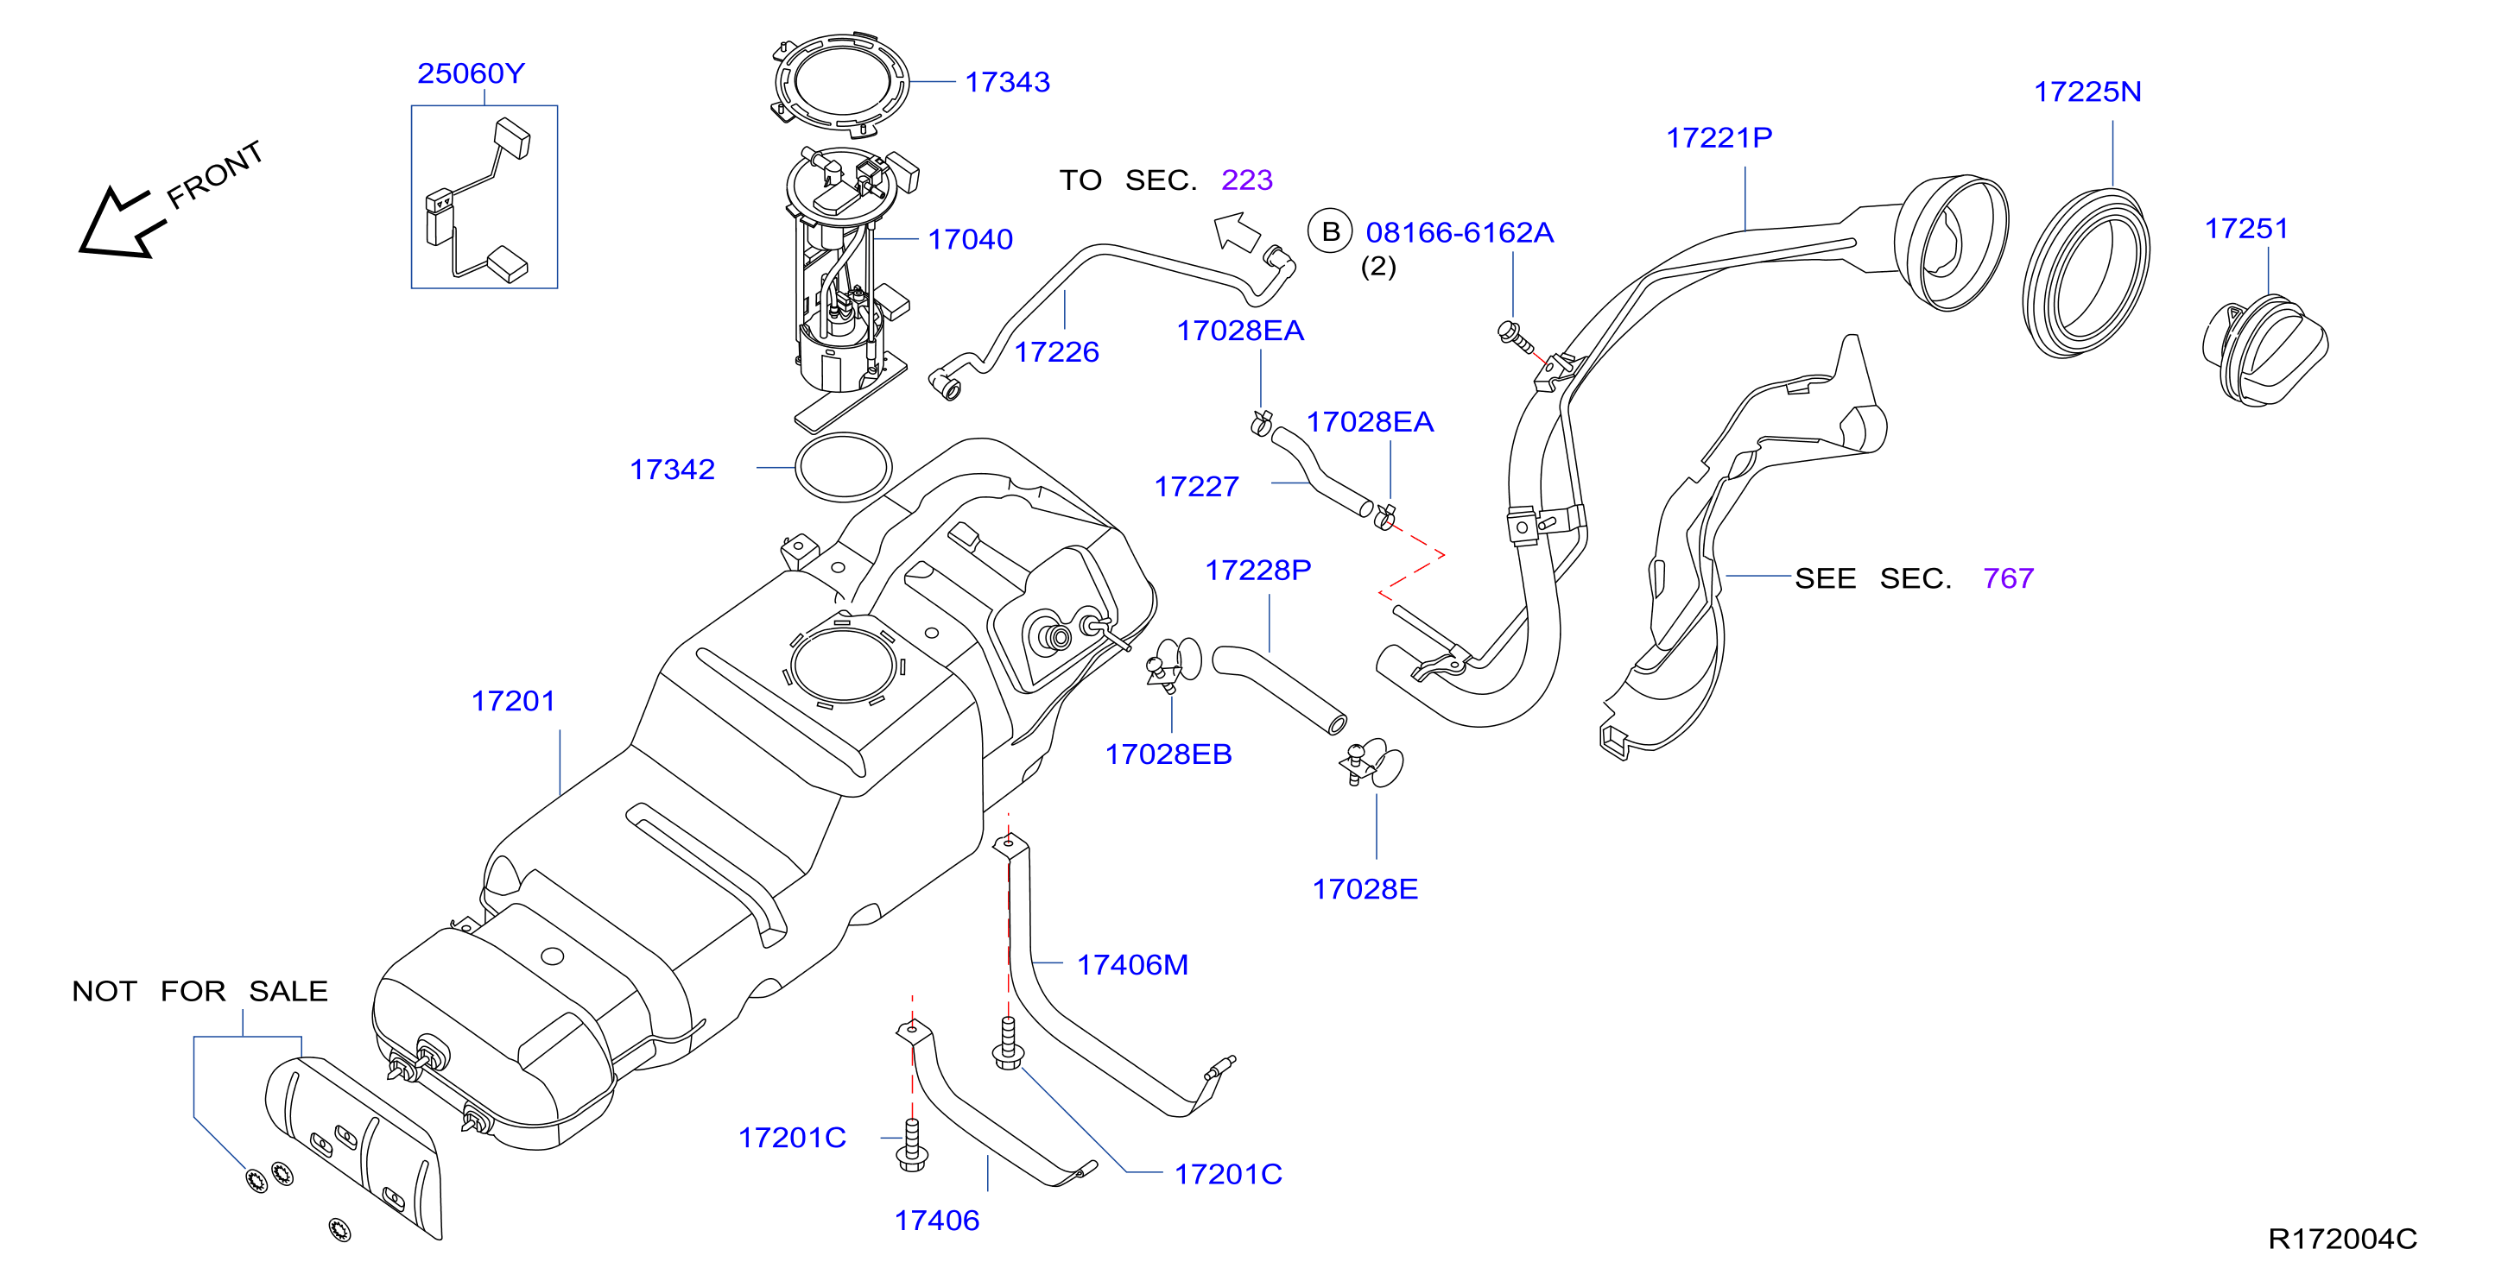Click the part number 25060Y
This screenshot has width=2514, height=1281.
tap(471, 73)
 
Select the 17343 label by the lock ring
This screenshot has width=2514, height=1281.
tap(1007, 82)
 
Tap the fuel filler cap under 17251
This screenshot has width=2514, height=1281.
tap(2264, 353)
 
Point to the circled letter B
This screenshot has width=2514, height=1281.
tap(1330, 232)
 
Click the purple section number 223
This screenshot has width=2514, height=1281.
tap(1246, 180)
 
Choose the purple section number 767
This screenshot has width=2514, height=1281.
tap(2008, 578)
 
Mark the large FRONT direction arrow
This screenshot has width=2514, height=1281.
tap(121, 224)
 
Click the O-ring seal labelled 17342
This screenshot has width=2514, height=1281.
tap(843, 467)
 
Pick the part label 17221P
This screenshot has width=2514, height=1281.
tap(1719, 137)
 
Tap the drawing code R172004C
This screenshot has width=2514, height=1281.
tap(2342, 1239)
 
